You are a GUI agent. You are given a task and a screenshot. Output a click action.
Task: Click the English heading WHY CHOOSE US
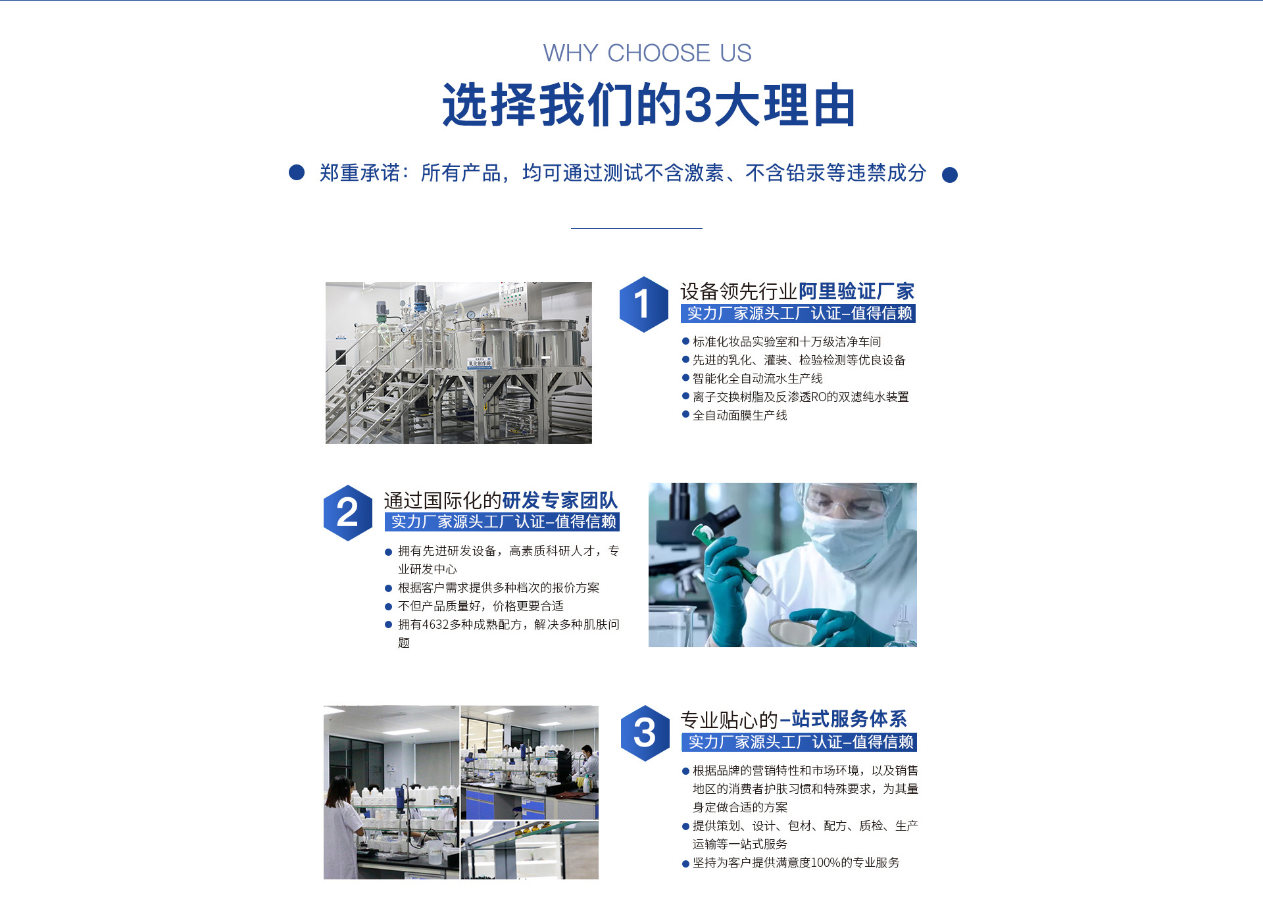(647, 53)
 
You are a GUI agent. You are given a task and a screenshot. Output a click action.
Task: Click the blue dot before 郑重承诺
(297, 172)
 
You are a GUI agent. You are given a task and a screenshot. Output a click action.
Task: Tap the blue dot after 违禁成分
(950, 175)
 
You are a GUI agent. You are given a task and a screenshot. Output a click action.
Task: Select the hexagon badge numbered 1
(644, 305)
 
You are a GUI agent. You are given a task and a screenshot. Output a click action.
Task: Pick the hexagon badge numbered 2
(348, 513)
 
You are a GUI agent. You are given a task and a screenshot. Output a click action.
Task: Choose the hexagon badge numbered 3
(645, 733)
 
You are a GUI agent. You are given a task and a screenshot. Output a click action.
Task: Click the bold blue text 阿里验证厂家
(856, 291)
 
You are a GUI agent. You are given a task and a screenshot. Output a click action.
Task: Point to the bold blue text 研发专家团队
(560, 500)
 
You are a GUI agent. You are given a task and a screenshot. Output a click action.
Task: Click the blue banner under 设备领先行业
(798, 313)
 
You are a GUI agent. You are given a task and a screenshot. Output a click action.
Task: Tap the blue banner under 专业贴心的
(799, 742)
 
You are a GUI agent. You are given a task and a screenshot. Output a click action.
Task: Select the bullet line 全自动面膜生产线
(734, 415)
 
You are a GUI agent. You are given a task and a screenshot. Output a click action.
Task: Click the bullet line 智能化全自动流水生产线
(752, 378)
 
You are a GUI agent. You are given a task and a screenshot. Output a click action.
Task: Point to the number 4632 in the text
(435, 624)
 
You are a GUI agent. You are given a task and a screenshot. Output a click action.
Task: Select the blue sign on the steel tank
(480, 363)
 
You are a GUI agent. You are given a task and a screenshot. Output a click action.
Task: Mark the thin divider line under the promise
(637, 228)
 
